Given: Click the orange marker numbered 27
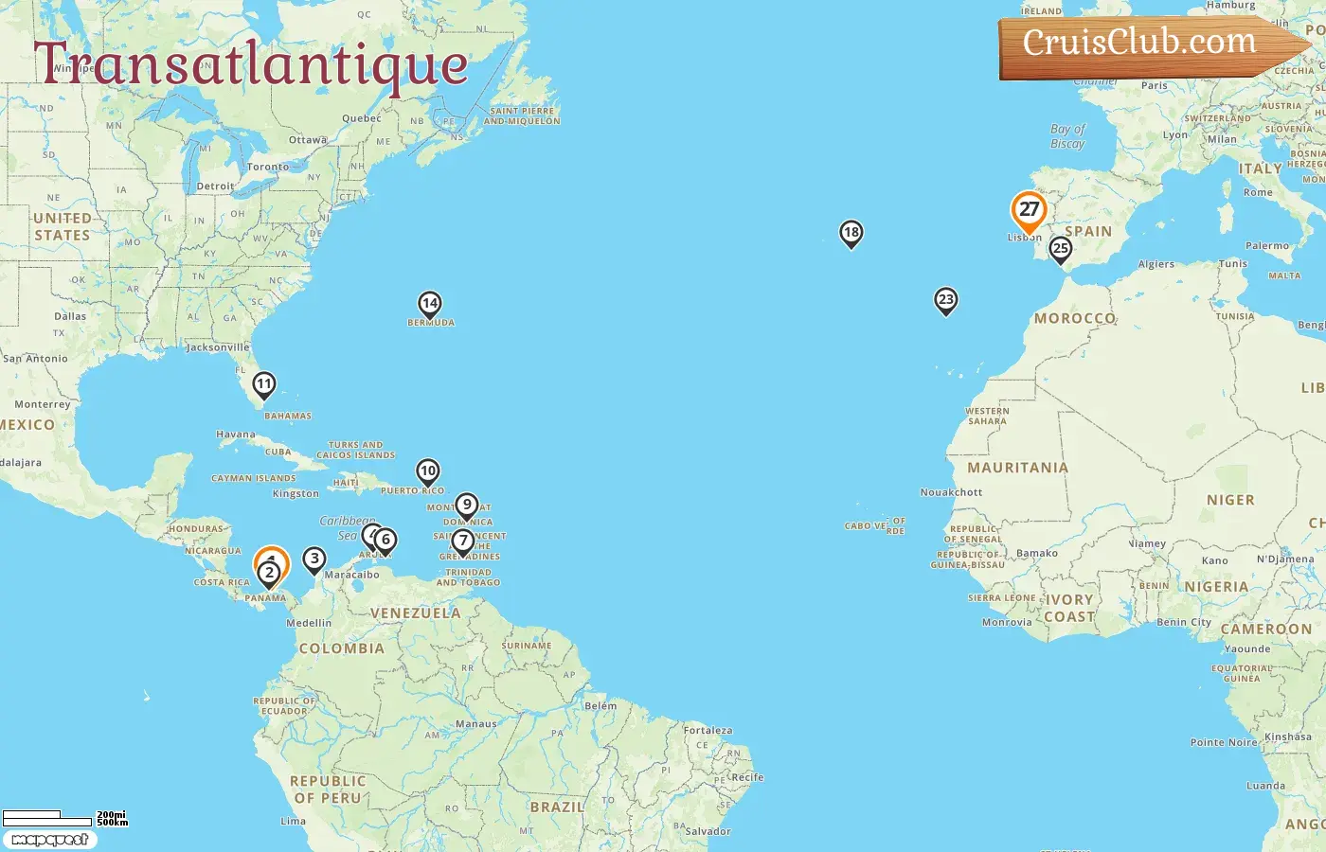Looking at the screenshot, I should [x=1029, y=210].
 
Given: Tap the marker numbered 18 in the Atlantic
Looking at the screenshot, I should [x=851, y=233].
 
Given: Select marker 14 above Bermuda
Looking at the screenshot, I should [x=430, y=304].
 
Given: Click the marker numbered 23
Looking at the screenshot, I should [x=945, y=300].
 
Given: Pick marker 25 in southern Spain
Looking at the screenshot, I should [x=1061, y=249].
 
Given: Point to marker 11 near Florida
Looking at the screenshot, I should [x=264, y=384].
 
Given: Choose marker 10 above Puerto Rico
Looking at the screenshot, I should [x=428, y=471].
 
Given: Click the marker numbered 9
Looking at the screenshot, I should [x=466, y=506].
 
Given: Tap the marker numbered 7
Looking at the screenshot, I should [x=462, y=541].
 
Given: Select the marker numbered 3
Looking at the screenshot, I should [x=314, y=559].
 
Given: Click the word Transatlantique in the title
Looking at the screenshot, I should [x=251, y=64].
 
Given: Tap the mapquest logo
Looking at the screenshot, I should [x=49, y=840].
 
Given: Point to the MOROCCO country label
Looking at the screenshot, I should [x=1075, y=318].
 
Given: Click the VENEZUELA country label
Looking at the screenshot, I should [x=416, y=613].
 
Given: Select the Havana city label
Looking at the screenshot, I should [x=236, y=435].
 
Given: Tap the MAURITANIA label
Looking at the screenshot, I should [x=1017, y=468].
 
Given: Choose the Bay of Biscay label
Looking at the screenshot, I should [x=1067, y=136].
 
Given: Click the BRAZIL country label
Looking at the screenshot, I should [x=557, y=807].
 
